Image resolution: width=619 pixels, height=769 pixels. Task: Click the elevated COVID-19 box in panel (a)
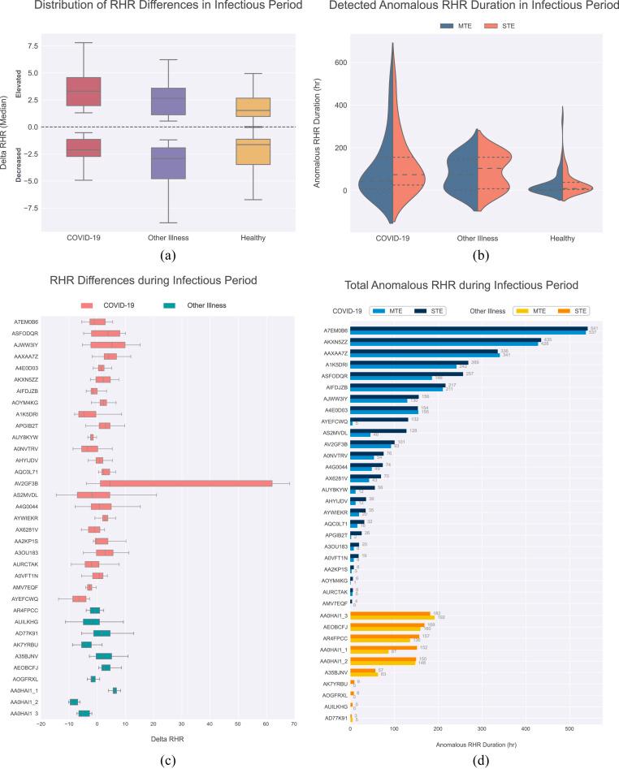pyautogui.click(x=78, y=91)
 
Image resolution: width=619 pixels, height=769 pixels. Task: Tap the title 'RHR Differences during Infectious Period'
pyautogui.click(x=154, y=280)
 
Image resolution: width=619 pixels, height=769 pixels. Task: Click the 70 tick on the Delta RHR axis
pyautogui.click(x=293, y=724)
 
